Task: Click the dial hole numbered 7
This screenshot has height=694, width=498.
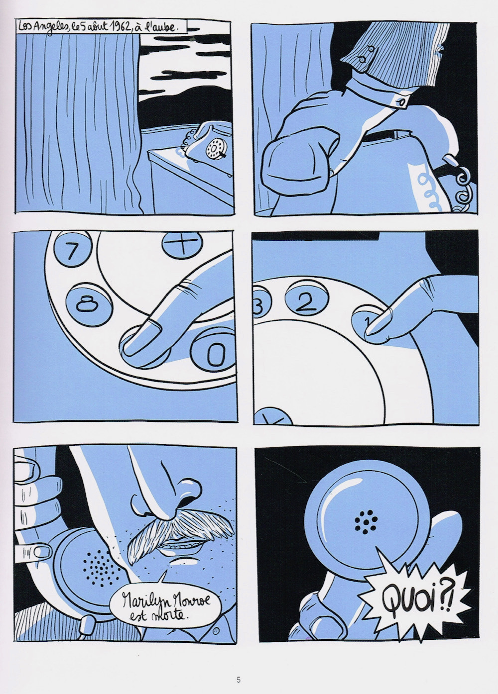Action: tap(73, 252)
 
